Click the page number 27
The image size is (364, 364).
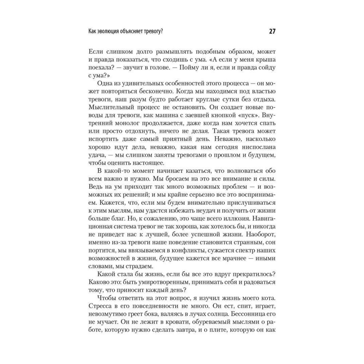272,31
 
